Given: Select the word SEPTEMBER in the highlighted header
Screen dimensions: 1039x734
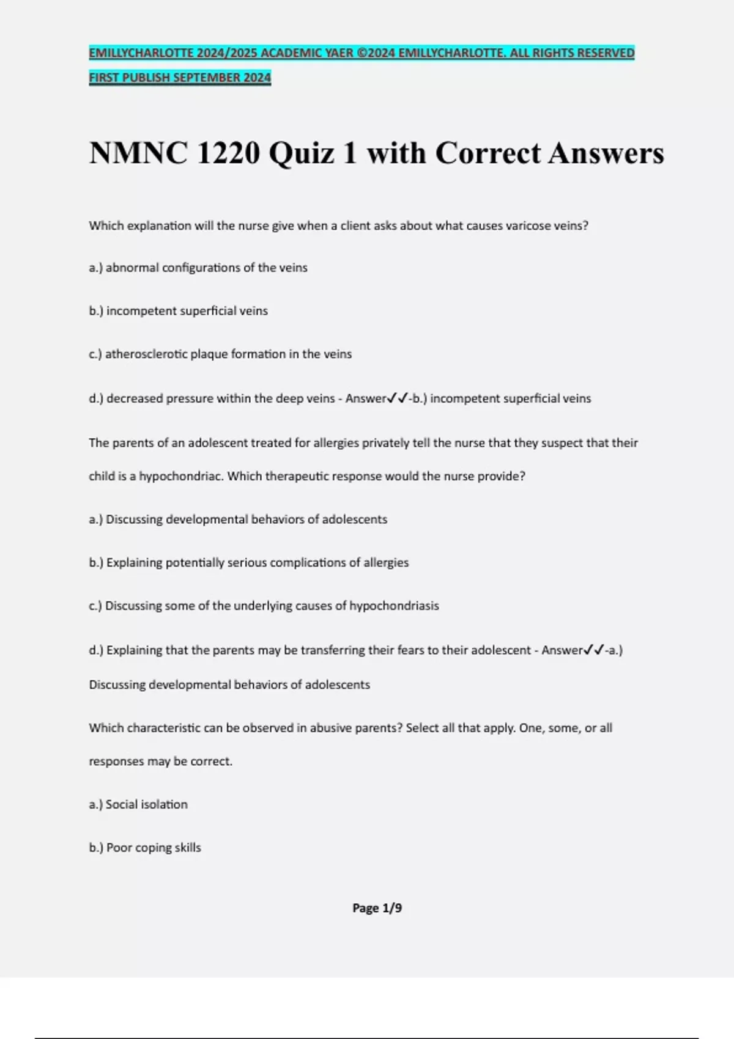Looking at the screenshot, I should [207, 78].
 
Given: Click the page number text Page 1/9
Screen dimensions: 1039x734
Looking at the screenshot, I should [377, 908].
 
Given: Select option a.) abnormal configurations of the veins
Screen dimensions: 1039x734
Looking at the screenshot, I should [198, 268].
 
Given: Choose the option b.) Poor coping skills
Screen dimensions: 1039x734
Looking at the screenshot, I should [145, 848].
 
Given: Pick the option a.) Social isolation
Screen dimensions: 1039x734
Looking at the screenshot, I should [138, 804].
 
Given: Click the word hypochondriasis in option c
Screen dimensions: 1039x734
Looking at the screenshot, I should [394, 606].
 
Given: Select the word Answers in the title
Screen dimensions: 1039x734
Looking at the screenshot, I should [606, 153].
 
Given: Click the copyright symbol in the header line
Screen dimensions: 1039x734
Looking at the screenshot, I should [361, 53].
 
